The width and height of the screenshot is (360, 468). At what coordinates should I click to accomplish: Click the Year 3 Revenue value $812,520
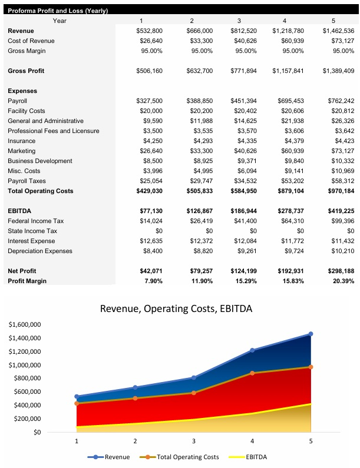coord(244,31)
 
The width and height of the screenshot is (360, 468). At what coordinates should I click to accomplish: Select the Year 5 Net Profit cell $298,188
coord(339,271)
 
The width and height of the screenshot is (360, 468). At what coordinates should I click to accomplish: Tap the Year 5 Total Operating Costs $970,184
coord(339,191)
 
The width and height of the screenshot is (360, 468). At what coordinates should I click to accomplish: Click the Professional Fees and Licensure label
coord(53,131)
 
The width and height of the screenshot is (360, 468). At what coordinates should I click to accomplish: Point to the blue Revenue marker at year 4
coord(252,350)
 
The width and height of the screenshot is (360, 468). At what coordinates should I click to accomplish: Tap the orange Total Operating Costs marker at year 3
coord(193,393)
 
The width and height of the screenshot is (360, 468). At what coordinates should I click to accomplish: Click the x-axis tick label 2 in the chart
coord(135,440)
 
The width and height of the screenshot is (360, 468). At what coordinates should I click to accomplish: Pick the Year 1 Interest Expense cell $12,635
coord(150,241)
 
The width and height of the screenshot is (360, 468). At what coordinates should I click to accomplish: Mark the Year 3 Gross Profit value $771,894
coord(244,71)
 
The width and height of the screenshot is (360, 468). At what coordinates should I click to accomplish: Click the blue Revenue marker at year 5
coord(311,334)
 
